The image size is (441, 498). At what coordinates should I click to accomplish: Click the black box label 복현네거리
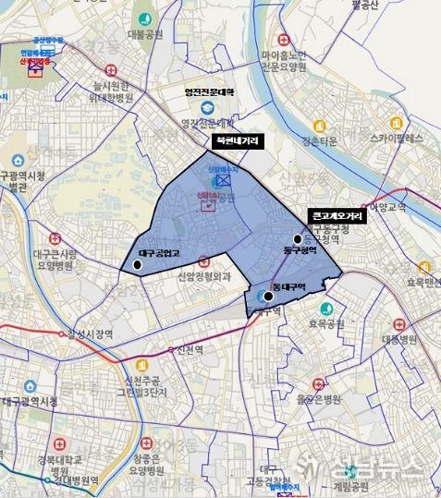click(x=237, y=141)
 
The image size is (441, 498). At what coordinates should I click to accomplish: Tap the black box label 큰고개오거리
click(x=337, y=214)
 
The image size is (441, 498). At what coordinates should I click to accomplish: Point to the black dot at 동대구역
click(x=268, y=296)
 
